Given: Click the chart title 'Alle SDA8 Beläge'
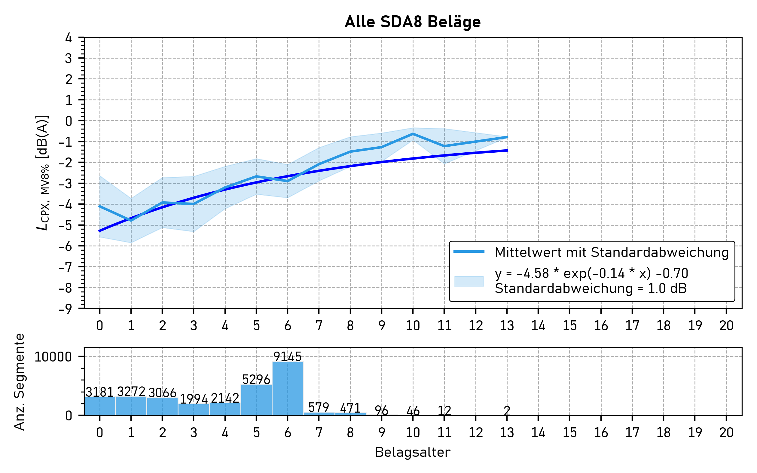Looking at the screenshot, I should pyautogui.click(x=413, y=22).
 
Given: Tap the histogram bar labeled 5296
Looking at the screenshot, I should pyautogui.click(x=256, y=400).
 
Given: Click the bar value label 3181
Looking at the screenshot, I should pyautogui.click(x=99, y=392).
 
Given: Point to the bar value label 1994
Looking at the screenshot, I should pyautogui.click(x=194, y=399).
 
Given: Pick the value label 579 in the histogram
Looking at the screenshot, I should pyautogui.click(x=319, y=407).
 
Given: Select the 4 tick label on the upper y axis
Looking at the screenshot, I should pyautogui.click(x=68, y=38).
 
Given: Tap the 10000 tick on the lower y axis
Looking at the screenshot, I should pyautogui.click(x=53, y=357).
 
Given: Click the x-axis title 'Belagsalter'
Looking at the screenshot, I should pyautogui.click(x=413, y=452).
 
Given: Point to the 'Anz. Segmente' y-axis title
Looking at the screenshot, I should pyautogui.click(x=20, y=382).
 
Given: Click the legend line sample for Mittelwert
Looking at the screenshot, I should pyautogui.click(x=469, y=252).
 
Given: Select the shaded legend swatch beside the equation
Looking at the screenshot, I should pyautogui.click(x=469, y=281).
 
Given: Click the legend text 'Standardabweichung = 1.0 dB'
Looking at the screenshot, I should pyautogui.click(x=591, y=288).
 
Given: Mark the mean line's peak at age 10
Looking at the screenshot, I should pyautogui.click(x=413, y=134).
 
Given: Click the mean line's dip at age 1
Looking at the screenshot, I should pyautogui.click(x=131, y=221).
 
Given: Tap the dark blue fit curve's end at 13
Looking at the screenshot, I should pyautogui.click(x=507, y=151).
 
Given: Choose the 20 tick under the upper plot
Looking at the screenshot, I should pyautogui.click(x=726, y=326).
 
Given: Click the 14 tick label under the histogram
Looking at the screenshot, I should pyautogui.click(x=538, y=433).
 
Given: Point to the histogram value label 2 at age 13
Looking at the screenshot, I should pyautogui.click(x=507, y=410).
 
